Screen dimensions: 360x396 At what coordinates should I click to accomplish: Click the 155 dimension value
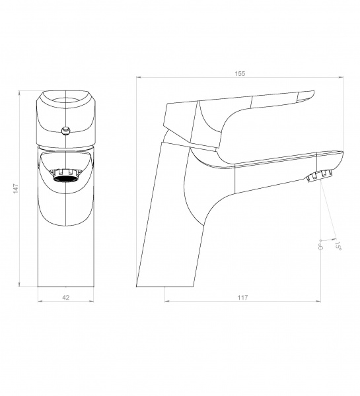pos(240,73)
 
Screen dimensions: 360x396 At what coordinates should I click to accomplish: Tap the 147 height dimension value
pos(16,189)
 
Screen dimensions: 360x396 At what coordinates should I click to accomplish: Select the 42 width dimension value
pos(66,298)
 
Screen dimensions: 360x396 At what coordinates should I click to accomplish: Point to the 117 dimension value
pos(242,298)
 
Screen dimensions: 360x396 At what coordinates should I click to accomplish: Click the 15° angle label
pos(338,246)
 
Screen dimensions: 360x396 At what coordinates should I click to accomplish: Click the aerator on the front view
pos(66,176)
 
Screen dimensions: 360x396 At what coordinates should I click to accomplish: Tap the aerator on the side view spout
pos(319,176)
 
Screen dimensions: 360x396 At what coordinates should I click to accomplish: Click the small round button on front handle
pos(66,131)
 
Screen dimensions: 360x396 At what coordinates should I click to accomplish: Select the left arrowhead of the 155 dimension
pos(139,77)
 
